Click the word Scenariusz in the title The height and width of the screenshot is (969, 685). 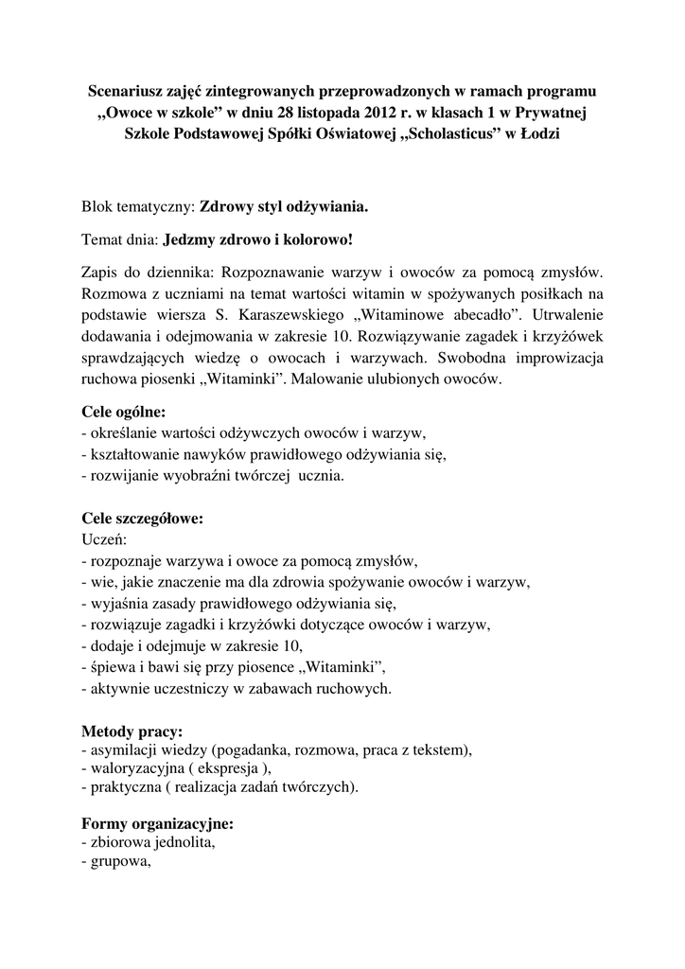pos(126,92)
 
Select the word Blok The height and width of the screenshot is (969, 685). pos(98,205)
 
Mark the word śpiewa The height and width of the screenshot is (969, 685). pos(111,668)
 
